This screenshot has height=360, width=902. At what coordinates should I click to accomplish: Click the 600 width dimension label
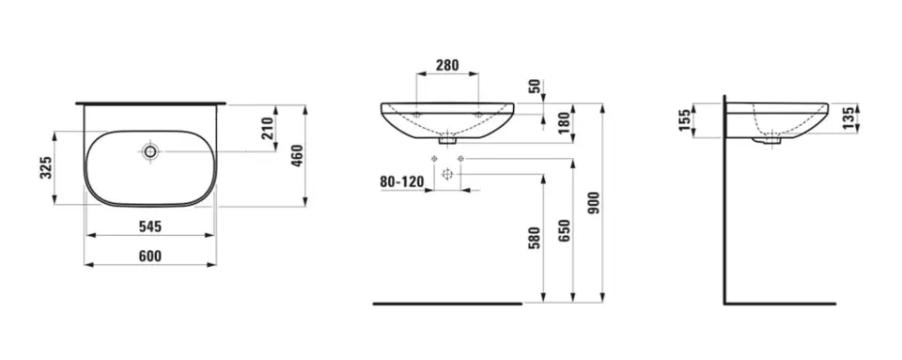point(150,256)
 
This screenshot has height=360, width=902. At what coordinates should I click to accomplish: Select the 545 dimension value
point(150,226)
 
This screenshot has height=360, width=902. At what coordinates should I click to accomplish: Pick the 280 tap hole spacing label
point(448,67)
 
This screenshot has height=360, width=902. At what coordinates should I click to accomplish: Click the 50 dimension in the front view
point(535,86)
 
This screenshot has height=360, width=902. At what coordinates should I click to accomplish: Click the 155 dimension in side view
point(685,118)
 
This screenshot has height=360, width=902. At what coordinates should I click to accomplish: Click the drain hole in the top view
point(150,150)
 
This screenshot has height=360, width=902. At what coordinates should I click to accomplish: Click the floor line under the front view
point(446,304)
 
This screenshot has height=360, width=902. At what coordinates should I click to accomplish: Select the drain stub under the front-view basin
point(448,143)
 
